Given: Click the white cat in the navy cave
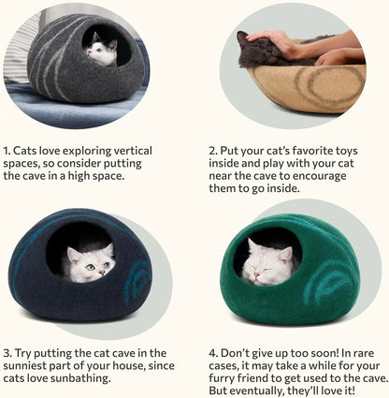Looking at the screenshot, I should tap(89, 261).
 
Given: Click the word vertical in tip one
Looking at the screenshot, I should tap(139, 150).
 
